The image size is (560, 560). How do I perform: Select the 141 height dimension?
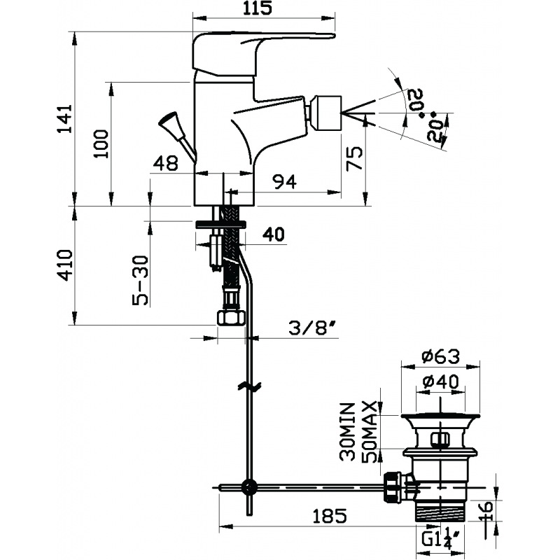[65, 119]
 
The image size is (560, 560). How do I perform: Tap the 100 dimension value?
[101, 143]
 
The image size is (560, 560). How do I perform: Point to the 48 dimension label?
[165, 163]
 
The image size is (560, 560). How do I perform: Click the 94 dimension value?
[284, 182]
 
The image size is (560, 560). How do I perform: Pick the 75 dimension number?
[355, 158]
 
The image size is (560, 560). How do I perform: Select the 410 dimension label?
[65, 265]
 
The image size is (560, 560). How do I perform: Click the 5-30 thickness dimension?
[140, 281]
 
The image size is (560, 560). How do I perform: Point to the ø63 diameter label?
[440, 356]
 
